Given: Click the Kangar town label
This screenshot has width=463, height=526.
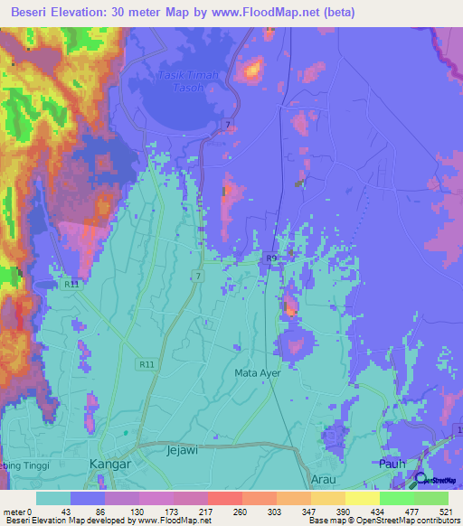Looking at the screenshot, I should [111, 464].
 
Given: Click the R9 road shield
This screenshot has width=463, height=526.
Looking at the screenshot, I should [270, 259].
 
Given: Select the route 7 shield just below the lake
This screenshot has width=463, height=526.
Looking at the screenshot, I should [227, 123].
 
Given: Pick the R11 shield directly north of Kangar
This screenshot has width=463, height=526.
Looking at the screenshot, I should [147, 364].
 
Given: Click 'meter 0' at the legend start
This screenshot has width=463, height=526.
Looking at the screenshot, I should [17, 512].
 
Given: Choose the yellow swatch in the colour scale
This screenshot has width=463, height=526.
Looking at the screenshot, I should [362, 498].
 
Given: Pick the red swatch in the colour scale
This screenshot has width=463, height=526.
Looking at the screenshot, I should [224, 498].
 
